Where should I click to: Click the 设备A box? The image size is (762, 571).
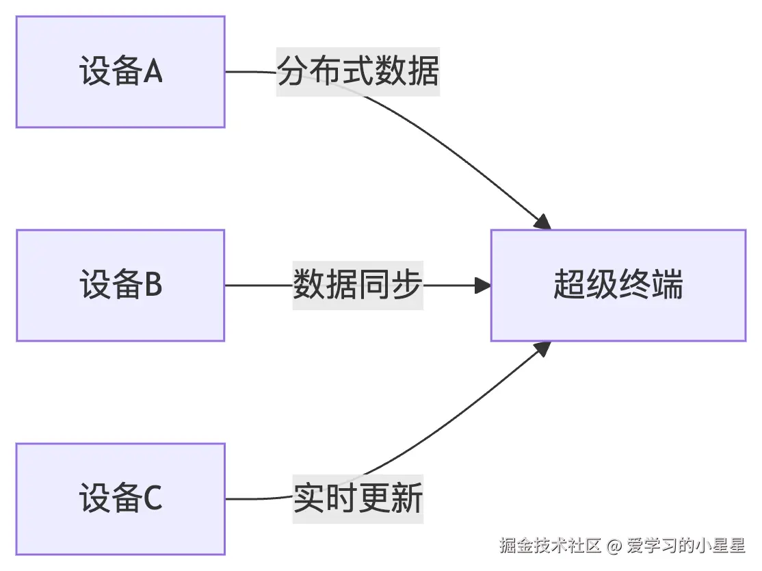click(x=120, y=72)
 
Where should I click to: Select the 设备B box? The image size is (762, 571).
click(x=120, y=285)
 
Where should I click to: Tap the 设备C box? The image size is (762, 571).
click(x=120, y=498)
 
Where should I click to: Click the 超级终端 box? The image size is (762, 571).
click(x=618, y=285)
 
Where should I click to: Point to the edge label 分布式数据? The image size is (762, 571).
click(x=358, y=72)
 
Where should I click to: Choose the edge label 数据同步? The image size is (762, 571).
click(x=358, y=285)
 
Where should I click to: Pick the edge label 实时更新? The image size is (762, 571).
click(x=358, y=498)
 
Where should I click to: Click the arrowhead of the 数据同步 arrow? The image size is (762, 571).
click(x=484, y=285)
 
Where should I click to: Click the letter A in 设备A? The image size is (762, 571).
click(x=153, y=72)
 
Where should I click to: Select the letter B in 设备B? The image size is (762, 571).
click(x=153, y=285)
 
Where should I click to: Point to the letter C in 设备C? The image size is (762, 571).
click(x=153, y=498)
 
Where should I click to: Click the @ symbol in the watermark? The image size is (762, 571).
click(x=614, y=546)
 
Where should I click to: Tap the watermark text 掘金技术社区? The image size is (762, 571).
click(x=550, y=546)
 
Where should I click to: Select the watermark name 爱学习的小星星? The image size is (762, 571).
click(x=685, y=546)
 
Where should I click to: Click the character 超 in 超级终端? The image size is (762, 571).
click(x=569, y=285)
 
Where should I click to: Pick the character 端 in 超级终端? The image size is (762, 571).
click(x=667, y=285)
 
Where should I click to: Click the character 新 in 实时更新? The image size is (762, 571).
click(x=407, y=498)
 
